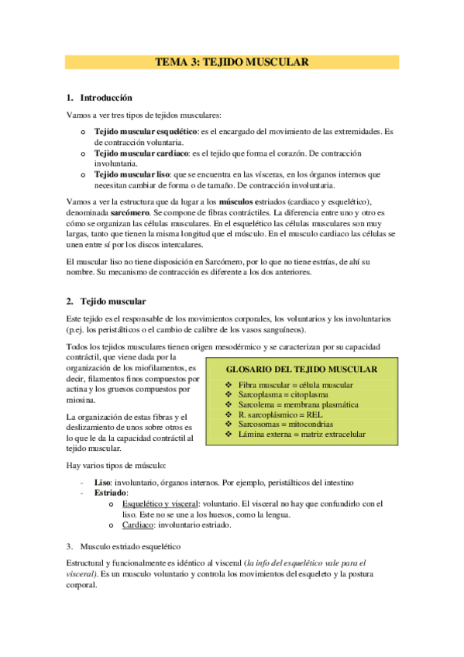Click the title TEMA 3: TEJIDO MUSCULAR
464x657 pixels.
click(x=232, y=62)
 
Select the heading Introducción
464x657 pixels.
click(x=106, y=98)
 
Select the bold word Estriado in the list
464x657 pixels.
click(x=112, y=492)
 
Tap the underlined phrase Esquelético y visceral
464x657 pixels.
click(x=160, y=503)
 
